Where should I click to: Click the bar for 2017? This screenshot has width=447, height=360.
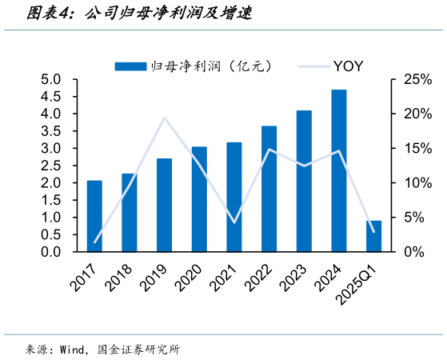[x=94, y=216]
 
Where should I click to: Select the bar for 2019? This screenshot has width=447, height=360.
[x=164, y=205]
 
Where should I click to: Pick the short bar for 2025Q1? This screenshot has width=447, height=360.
[x=374, y=236]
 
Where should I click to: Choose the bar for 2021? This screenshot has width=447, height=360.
[x=234, y=197]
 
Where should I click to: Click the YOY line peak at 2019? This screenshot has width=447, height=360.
[x=164, y=118]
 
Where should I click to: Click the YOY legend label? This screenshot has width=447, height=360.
[x=349, y=66]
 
